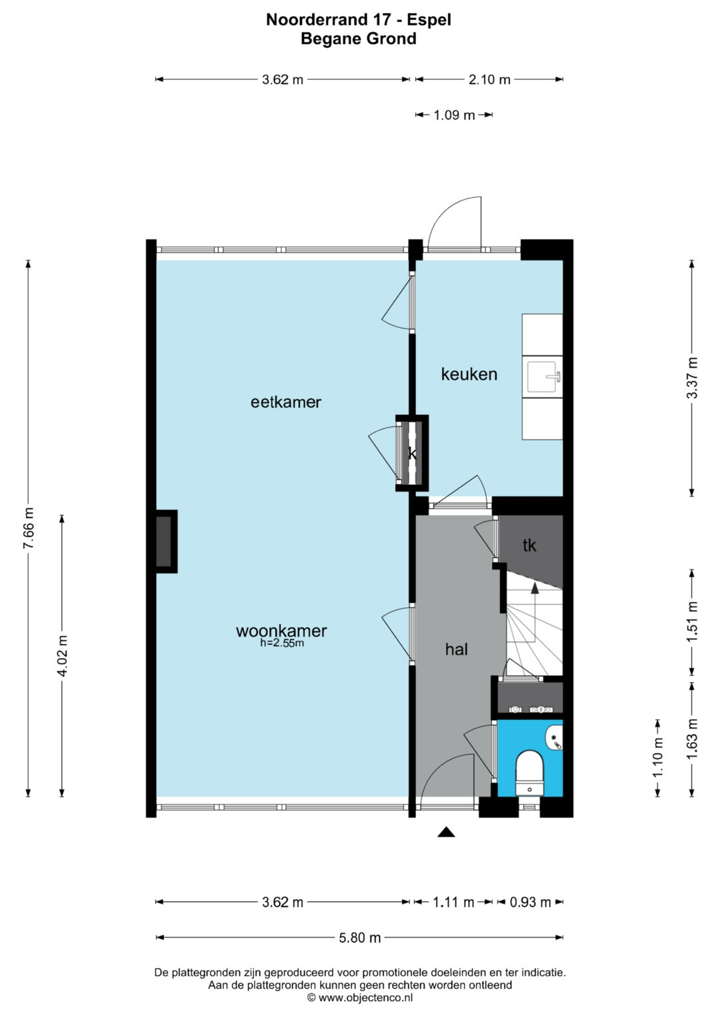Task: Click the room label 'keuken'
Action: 469,374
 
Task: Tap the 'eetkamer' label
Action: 286,402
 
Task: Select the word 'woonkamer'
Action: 281,631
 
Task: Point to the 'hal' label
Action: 457,649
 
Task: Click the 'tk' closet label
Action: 529,545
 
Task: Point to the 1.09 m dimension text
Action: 454,115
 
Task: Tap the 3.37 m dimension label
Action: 692,378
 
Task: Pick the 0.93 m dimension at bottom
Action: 530,902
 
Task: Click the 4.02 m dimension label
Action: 62,655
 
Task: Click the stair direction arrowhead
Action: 535,588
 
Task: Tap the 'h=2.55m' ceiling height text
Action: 282,643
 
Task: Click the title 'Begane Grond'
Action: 359,39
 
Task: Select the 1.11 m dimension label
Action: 453,902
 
